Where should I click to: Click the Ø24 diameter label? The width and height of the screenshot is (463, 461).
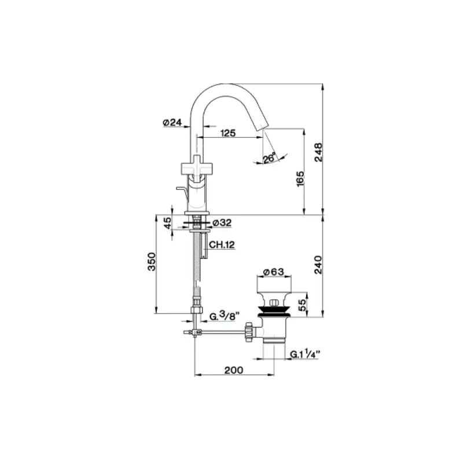click(x=172, y=122)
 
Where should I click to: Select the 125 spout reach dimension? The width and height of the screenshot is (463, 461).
click(x=228, y=133)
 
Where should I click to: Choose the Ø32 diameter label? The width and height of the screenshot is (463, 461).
click(x=222, y=223)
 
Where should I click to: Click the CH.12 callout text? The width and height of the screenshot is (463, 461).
click(x=221, y=245)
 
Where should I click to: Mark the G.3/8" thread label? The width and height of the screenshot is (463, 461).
click(x=222, y=316)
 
